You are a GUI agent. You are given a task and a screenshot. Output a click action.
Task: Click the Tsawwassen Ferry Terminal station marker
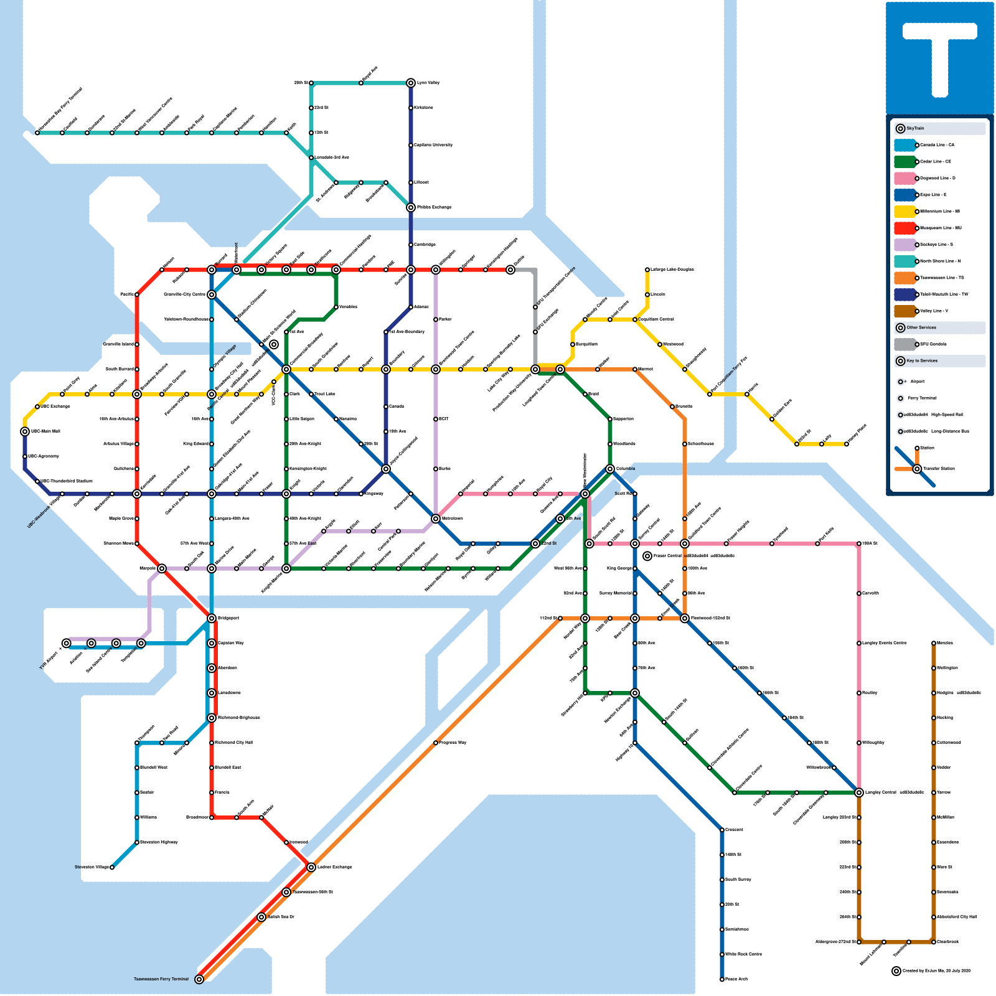tap(199, 979)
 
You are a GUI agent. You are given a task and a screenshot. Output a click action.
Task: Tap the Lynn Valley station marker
tap(411, 83)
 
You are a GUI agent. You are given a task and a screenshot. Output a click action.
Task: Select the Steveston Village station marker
tap(112, 867)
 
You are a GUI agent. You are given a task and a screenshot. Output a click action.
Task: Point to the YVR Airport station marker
tap(67, 643)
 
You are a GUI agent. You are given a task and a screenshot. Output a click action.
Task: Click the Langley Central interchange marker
tap(859, 792)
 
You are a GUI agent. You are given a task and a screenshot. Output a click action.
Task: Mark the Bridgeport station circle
tap(212, 618)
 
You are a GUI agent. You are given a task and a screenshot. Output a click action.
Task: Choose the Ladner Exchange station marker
tap(311, 867)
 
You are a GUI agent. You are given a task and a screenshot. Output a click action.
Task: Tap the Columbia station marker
tap(610, 469)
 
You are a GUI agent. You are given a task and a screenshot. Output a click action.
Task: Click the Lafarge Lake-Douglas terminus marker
tap(647, 270)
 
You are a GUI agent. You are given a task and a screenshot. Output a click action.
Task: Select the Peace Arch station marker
tap(722, 979)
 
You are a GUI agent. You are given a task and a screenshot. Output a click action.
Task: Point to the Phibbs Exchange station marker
tap(411, 207)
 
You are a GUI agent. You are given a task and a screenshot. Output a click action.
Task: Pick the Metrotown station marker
tap(436, 519)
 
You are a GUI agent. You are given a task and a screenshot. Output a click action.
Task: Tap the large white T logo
tap(940, 56)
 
